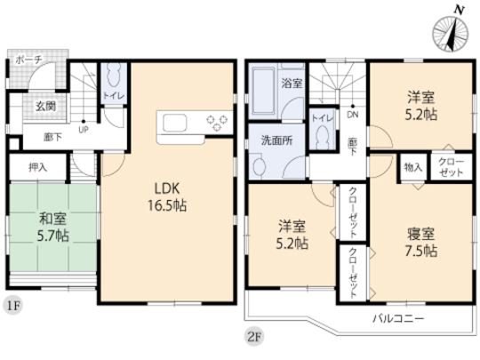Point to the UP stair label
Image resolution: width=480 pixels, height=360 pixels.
tap(84, 128)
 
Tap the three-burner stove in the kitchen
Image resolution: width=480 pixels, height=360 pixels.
tap(218, 122)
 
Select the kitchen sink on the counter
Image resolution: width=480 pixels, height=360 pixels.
tap(171, 123)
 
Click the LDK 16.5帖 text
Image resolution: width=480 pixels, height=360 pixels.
tap(166, 196)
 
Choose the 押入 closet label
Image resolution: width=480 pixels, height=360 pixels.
tap(37, 166)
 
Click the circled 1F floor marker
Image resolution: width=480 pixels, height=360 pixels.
tap(12, 303)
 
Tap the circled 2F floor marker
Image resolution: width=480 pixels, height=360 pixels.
tap(255, 335)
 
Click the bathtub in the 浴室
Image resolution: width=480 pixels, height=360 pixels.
tap(265, 92)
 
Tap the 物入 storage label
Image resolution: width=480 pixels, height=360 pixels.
tap(413, 166)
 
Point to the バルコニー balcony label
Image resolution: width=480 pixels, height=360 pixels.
tap(399, 317)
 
